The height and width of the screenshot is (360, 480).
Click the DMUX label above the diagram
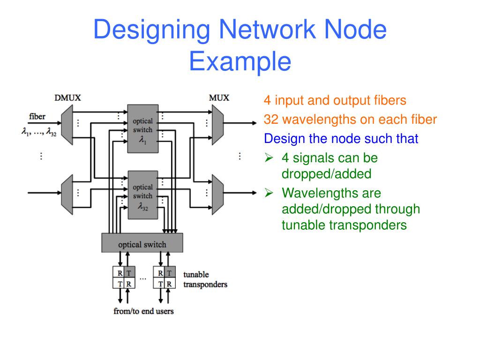coord(68,98)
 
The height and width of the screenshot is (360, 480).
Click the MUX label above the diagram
coord(219,98)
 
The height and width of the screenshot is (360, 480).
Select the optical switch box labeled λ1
coord(142,128)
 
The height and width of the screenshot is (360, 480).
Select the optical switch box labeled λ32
coord(142,195)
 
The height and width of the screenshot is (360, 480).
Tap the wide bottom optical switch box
coord(142,244)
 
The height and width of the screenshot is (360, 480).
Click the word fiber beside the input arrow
coord(37,116)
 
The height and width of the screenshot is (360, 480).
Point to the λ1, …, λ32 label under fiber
coord(38,133)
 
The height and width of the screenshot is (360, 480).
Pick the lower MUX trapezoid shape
coord(217,192)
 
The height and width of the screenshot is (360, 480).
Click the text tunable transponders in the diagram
coord(205,279)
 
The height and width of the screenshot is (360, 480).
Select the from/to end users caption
coord(143,311)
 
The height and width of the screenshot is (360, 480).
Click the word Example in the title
coord(240,61)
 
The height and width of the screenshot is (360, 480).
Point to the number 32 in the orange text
coord(271,120)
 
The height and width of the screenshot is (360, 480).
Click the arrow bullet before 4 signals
coord(269,158)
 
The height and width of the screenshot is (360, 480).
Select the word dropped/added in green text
coord(326,174)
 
